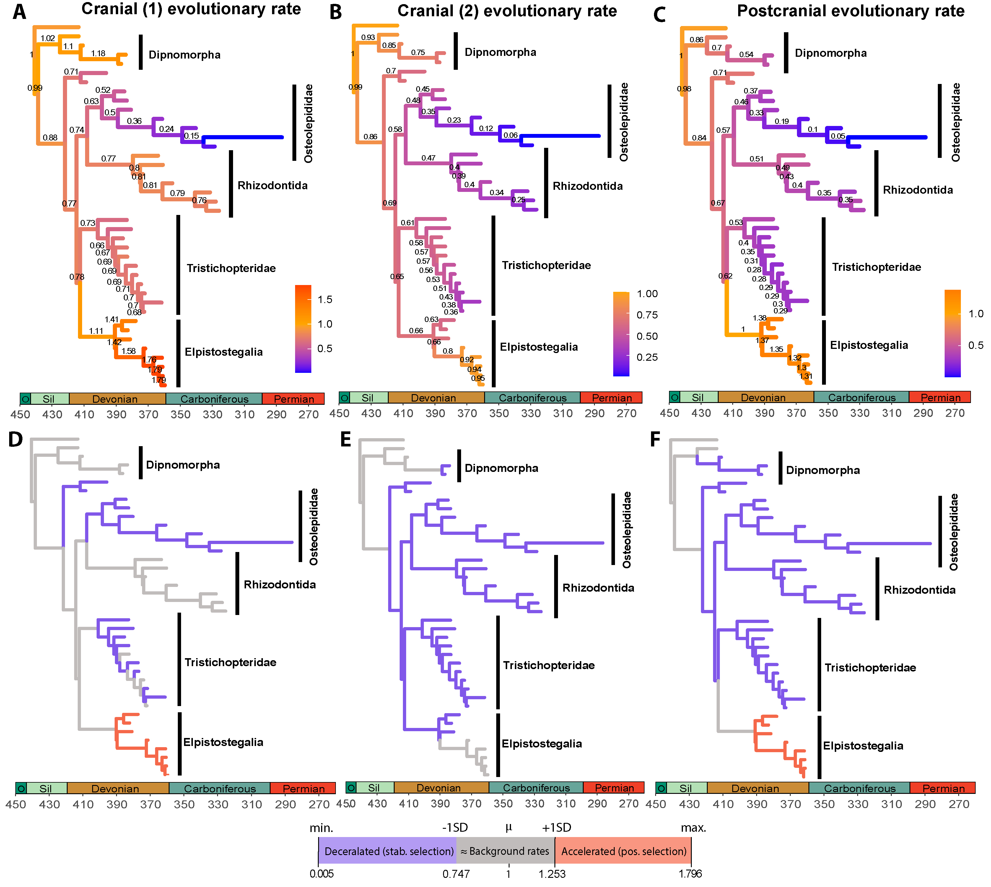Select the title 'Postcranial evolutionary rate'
(850, 11)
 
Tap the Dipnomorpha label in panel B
(500, 52)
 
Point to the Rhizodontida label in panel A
(272, 185)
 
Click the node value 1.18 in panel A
(98, 53)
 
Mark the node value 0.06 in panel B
(510, 135)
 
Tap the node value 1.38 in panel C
(759, 318)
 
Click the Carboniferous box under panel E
(536, 788)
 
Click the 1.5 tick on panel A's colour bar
(325, 299)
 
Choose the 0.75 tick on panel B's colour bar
(647, 315)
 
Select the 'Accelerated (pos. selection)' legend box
(623, 851)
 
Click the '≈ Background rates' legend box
(505, 851)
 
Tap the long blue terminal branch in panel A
(243, 137)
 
